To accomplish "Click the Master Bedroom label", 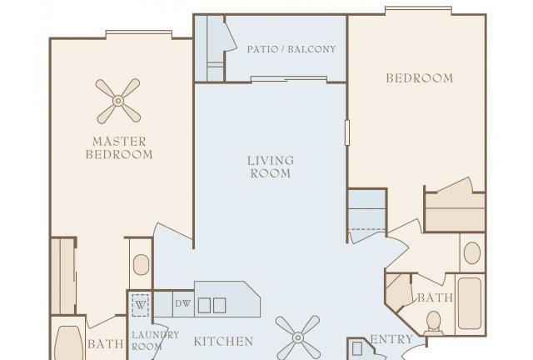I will (x=122, y=147).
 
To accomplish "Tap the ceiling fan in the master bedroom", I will (x=117, y=101).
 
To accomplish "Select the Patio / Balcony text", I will (x=291, y=49).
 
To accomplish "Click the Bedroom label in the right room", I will (x=419, y=78).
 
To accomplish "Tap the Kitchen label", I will (x=223, y=341).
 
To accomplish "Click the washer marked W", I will (x=140, y=303).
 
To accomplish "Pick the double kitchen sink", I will (x=212, y=304).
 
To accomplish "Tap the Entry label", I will (x=391, y=339).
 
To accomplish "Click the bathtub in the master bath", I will (x=65, y=342).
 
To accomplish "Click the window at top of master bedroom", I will (x=138, y=34).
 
